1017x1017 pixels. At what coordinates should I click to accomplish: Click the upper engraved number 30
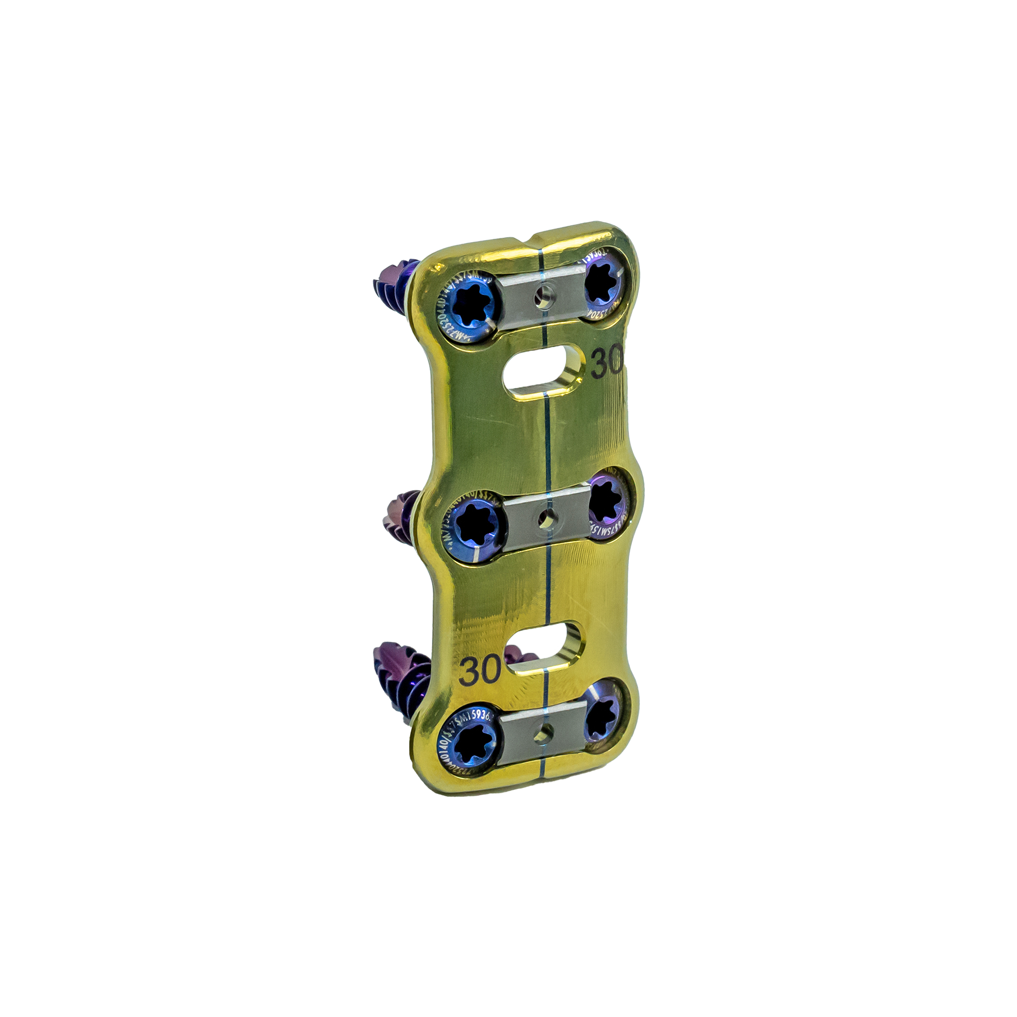click(607, 362)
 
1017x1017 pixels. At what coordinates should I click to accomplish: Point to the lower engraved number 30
click(480, 670)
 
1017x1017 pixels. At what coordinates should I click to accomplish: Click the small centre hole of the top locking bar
click(545, 295)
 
